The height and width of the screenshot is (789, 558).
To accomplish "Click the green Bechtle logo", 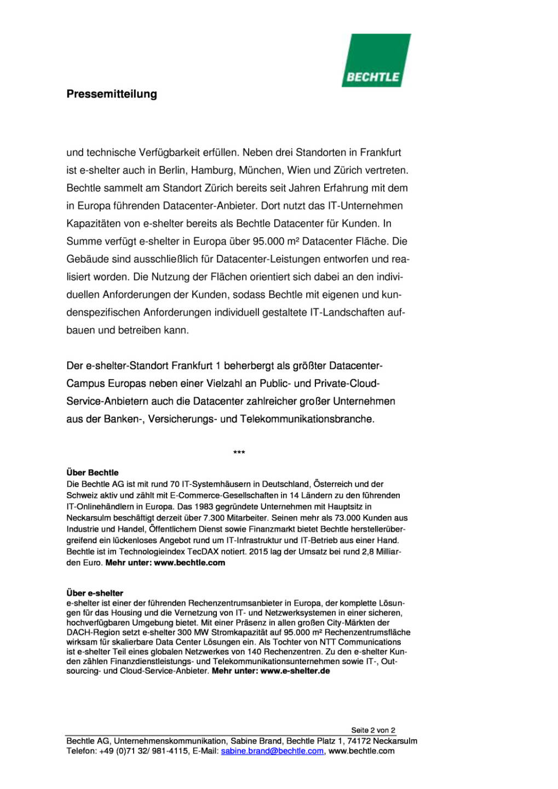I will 376,61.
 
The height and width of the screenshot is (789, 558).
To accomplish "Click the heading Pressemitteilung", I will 112,94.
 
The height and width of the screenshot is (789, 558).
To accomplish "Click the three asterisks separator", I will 239,453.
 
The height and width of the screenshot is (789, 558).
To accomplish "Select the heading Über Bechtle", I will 93,472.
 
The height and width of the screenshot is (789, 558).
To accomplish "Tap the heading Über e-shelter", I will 95,593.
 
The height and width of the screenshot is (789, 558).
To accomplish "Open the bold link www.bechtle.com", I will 189,563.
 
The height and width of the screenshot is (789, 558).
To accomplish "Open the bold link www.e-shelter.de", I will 295,671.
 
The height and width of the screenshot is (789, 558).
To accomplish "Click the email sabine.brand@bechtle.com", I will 272,751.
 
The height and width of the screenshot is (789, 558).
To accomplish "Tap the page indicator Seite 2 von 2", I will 373,730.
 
